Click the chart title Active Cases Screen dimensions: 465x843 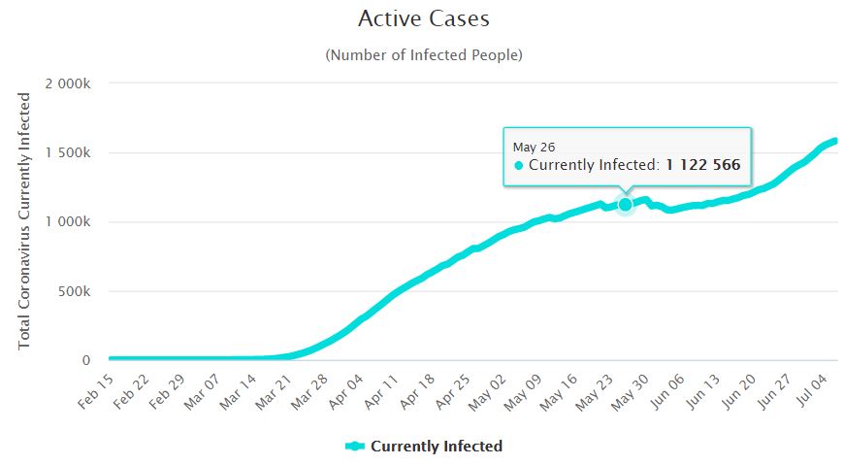pos(424,18)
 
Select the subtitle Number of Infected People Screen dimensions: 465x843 pos(424,55)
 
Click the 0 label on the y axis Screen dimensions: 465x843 pos(86,360)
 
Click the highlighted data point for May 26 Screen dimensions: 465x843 pos(626,204)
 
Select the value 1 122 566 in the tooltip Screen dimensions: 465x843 pos(702,166)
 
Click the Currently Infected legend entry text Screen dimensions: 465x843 pos(437,447)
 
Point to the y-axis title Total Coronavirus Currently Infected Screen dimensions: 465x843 pos(25,215)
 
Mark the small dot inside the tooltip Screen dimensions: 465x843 pos(519,166)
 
